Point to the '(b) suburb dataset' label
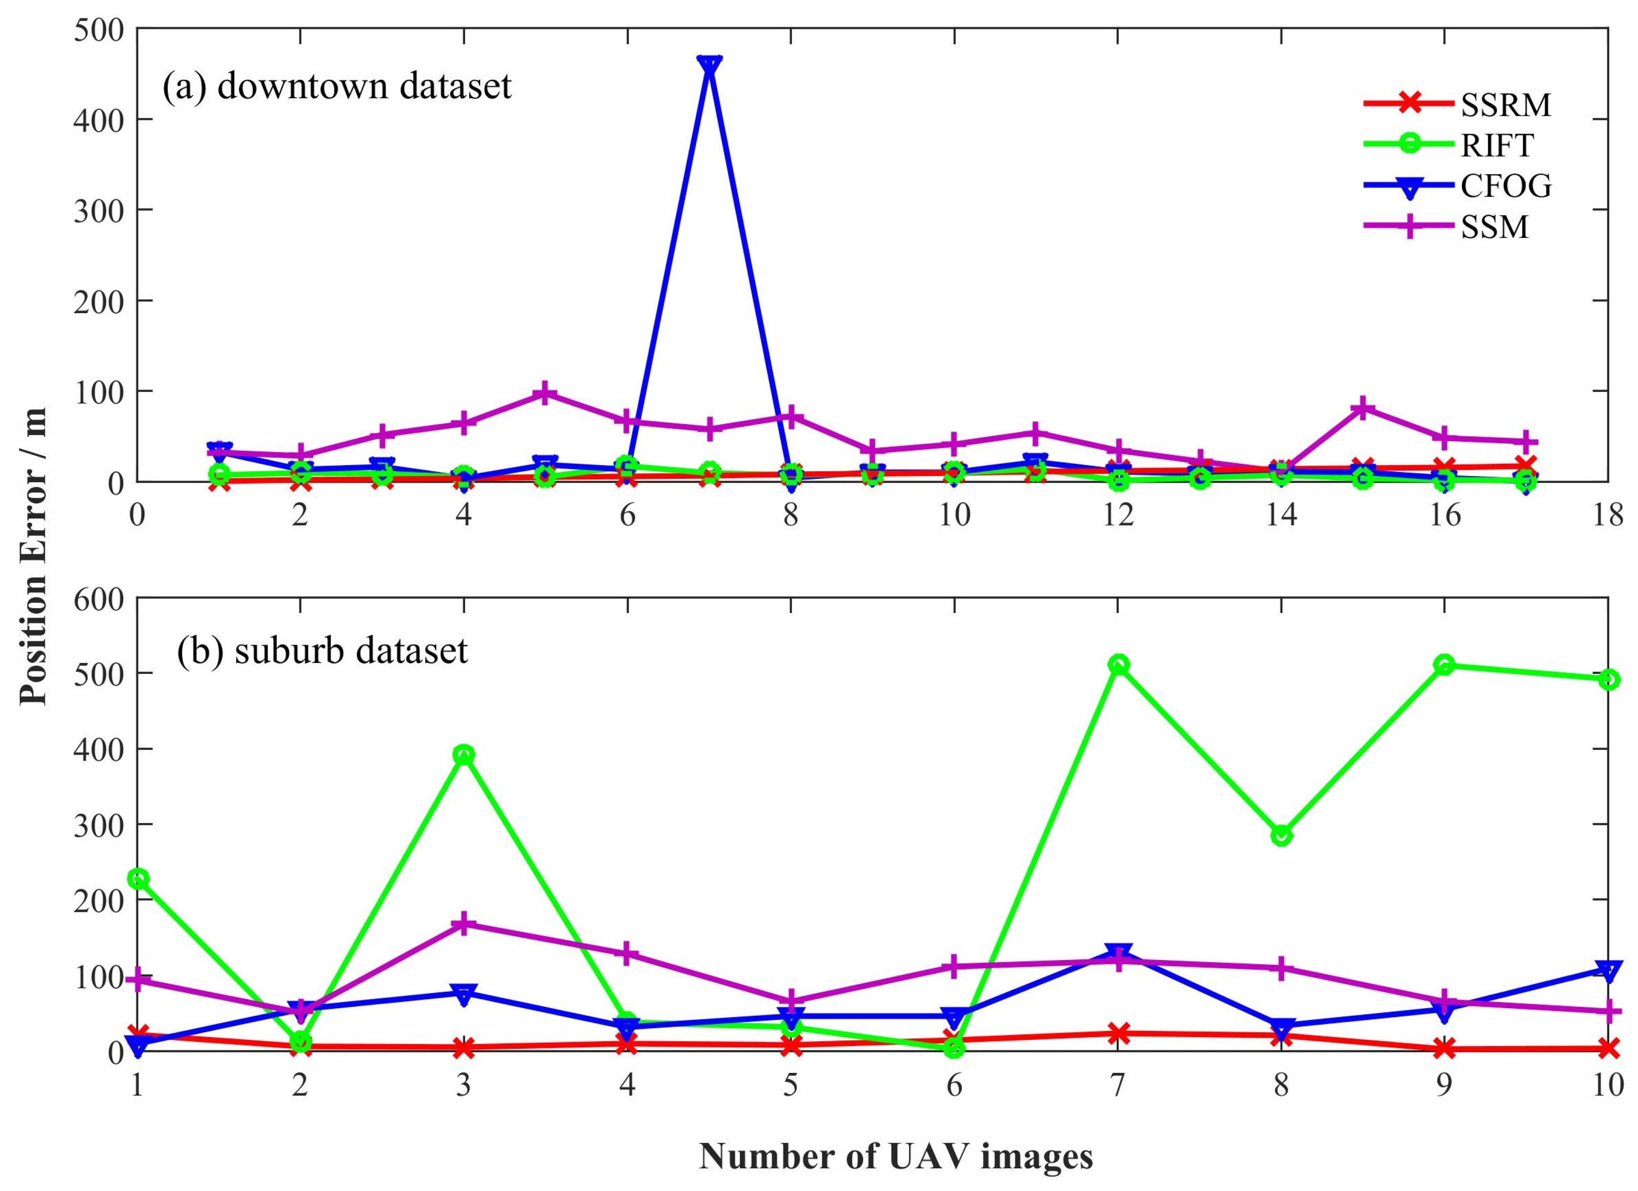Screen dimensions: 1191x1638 click(x=323, y=650)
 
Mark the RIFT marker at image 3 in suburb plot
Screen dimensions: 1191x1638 click(x=464, y=755)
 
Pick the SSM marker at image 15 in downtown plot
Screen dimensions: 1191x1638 click(x=1363, y=408)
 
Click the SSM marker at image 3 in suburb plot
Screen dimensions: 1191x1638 click(x=464, y=923)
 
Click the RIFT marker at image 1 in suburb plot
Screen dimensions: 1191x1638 click(x=138, y=879)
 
